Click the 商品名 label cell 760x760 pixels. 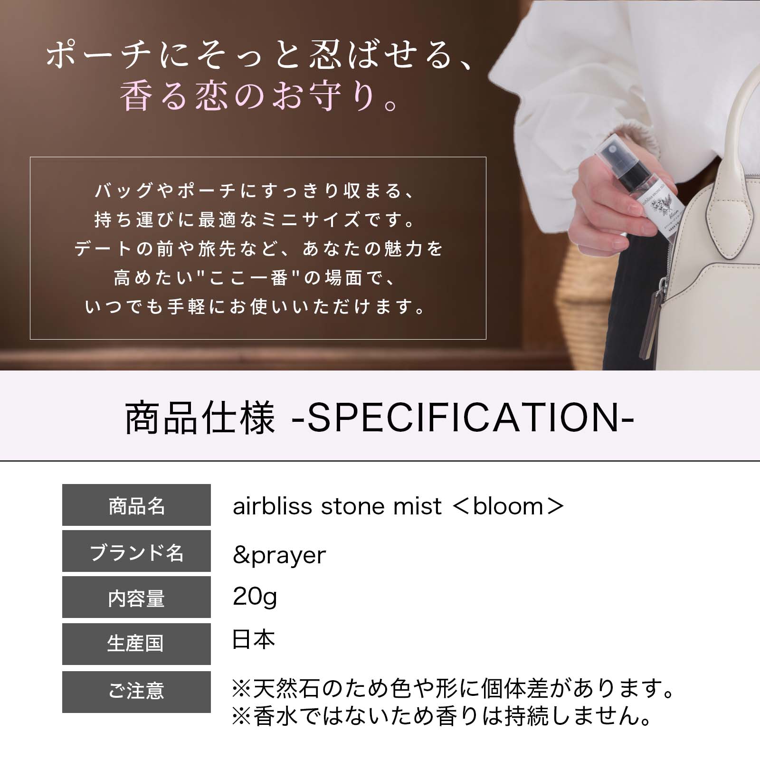(136, 505)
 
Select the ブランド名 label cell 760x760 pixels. (136, 552)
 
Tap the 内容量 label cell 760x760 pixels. (136, 598)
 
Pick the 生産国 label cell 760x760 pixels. (136, 644)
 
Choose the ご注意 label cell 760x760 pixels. (136, 691)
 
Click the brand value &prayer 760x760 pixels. (279, 555)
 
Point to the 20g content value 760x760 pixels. (255, 598)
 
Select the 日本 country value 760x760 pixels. (253, 639)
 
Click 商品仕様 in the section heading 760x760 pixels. (199, 418)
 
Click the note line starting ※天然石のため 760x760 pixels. (452, 689)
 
